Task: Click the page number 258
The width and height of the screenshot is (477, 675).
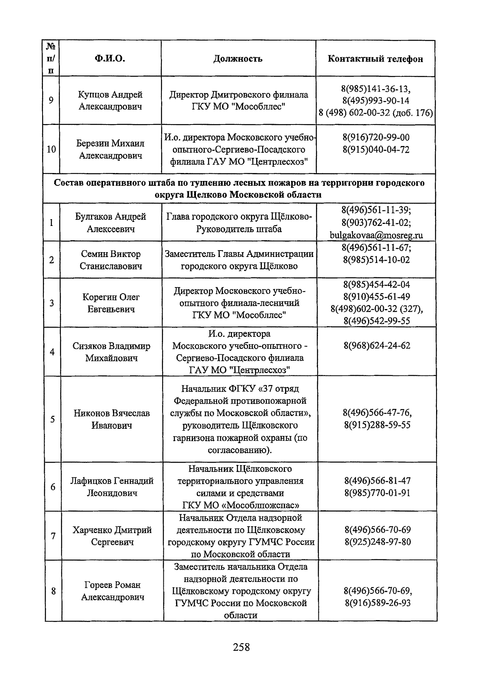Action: coord(241,647)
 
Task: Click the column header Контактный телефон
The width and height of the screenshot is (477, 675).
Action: coord(375,59)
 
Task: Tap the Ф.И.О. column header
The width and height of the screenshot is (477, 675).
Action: coord(110,59)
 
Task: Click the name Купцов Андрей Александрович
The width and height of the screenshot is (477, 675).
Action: coord(110,101)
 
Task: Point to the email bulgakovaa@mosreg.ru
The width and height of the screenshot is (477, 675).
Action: coord(376,235)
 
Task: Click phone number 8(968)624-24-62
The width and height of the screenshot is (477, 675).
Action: coord(377,345)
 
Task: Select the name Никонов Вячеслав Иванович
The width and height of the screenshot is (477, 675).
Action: coord(112,419)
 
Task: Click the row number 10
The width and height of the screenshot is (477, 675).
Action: coord(51,150)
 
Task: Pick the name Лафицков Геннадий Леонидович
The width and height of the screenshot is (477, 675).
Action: coord(112,487)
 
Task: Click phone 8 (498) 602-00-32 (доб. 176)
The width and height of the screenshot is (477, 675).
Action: coord(376,113)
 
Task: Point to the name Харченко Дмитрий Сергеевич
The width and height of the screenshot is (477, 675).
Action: coord(112,536)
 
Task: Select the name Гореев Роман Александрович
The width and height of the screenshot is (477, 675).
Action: coord(112,591)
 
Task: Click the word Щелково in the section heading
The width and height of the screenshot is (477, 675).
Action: coord(207,195)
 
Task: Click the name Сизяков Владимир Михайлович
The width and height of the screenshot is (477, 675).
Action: coord(111,352)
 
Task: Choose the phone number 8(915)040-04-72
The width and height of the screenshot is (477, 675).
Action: coord(376,150)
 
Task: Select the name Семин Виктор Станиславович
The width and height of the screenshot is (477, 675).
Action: coord(111,260)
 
